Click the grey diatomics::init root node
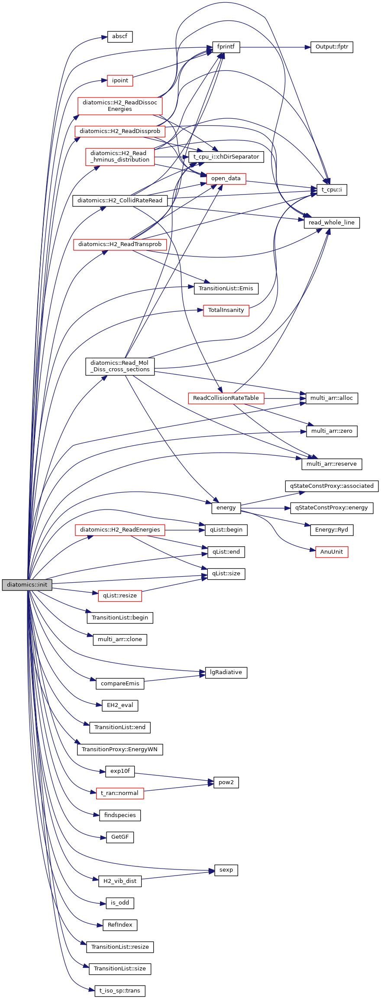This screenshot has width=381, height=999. tap(27, 585)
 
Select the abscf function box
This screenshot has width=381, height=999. tap(119, 36)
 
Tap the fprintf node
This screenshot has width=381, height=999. tap(226, 47)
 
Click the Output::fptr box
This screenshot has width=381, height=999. tap(332, 47)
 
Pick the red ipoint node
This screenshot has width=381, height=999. tap(120, 81)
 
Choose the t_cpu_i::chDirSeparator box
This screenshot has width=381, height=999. tap(226, 157)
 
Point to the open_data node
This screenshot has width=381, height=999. tap(226, 178)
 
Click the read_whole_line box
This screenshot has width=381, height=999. tap(332, 223)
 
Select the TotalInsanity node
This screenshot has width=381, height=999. tap(226, 310)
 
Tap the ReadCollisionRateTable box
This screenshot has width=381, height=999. tap(226, 398)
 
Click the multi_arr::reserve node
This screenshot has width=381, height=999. tap(332, 464)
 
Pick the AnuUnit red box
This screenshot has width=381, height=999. tap(332, 552)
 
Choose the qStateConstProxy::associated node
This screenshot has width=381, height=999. tap(332, 486)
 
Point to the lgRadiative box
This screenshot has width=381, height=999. tap(226, 672)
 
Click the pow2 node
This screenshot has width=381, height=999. tap(226, 782)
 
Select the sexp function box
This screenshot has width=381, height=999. tap(226, 870)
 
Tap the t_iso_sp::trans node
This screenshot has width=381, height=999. tap(120, 991)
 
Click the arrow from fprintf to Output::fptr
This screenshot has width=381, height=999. tap(275, 47)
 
